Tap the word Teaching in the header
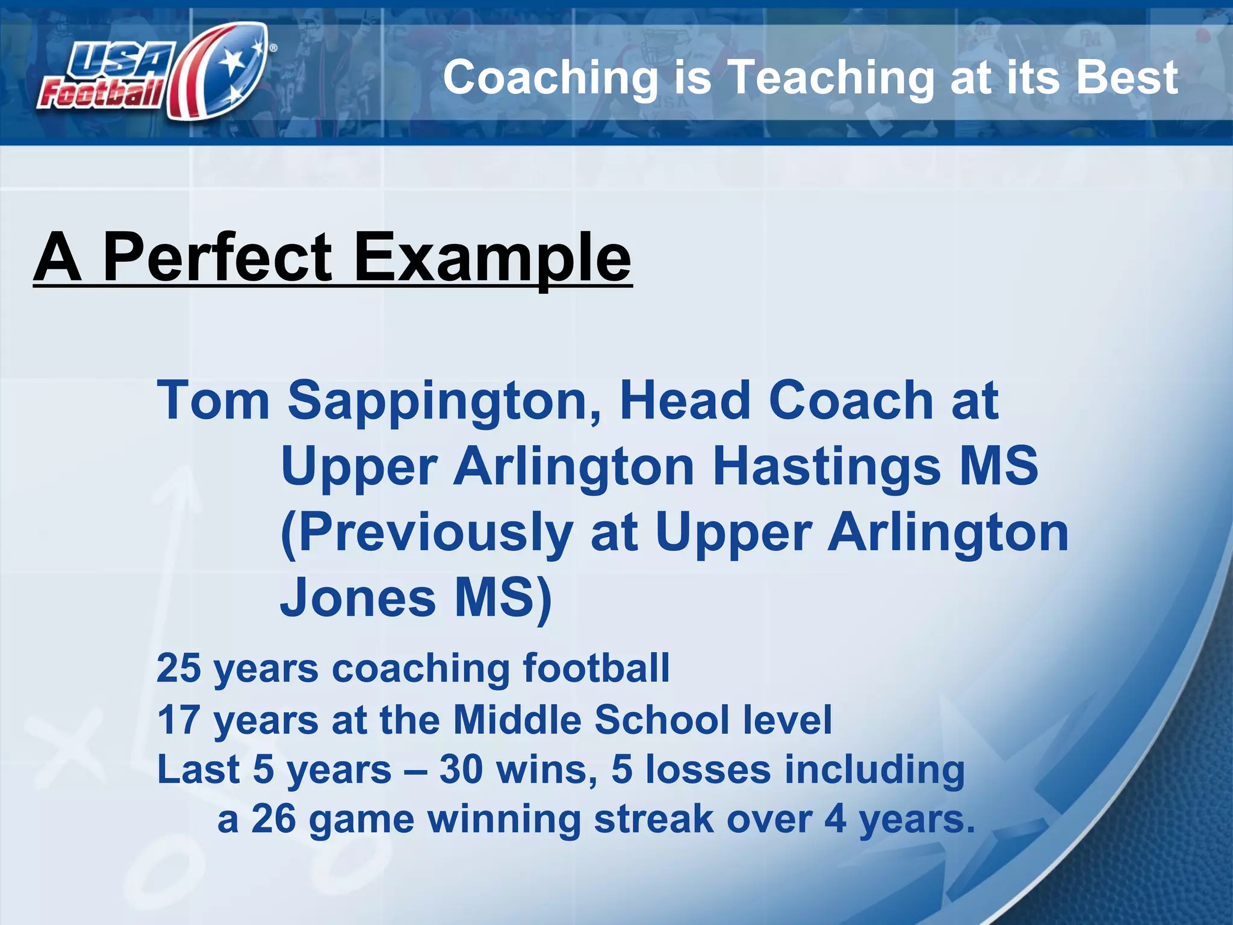(831, 78)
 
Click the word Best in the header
(1126, 78)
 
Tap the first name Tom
(213, 400)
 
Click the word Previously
(427, 534)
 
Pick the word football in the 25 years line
(596, 668)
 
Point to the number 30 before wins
(461, 770)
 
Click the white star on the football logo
(232, 60)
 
